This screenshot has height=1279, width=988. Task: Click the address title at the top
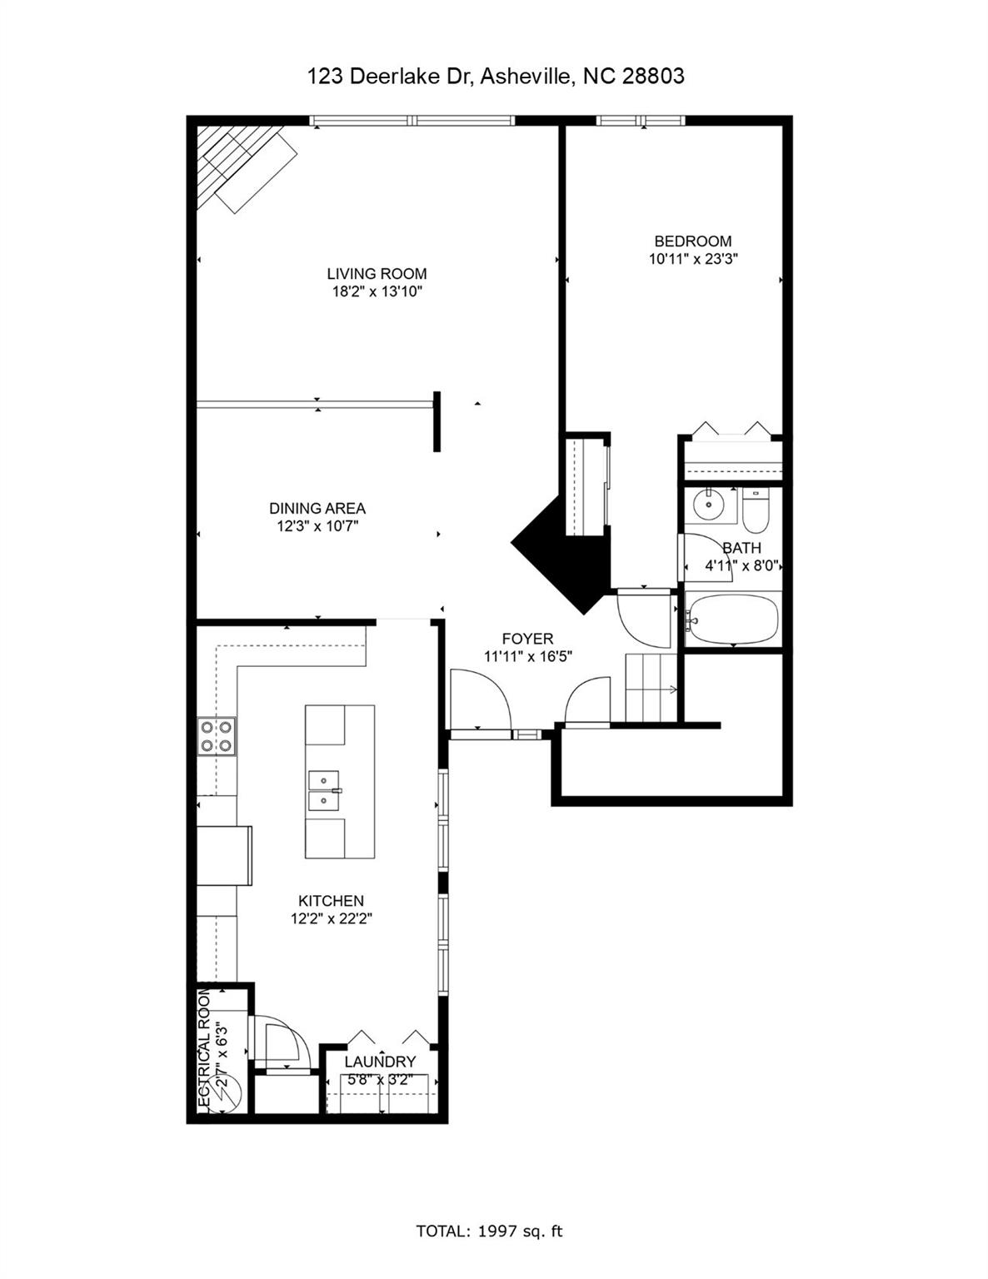(x=496, y=77)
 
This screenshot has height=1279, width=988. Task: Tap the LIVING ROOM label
(x=377, y=273)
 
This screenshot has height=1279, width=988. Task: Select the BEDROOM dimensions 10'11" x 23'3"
(x=693, y=259)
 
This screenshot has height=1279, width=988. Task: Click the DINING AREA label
(x=317, y=508)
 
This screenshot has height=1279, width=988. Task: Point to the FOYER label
(x=527, y=639)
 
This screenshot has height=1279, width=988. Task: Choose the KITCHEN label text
(x=331, y=901)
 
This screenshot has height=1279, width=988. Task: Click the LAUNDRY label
(x=380, y=1062)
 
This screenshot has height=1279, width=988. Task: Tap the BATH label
(x=741, y=548)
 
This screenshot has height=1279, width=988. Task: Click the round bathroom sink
(x=710, y=504)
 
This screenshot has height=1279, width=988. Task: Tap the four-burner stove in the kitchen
(x=216, y=736)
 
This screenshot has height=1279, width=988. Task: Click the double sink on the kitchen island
(x=324, y=790)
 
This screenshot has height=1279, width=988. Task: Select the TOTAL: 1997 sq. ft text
(x=489, y=1231)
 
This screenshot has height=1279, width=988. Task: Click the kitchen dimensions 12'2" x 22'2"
(x=331, y=919)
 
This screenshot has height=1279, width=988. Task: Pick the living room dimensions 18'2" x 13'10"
(x=377, y=291)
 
